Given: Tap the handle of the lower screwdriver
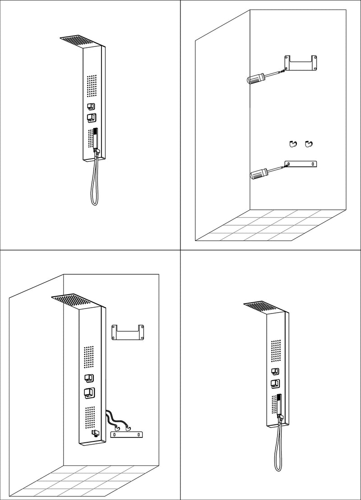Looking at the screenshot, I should tap(258, 173).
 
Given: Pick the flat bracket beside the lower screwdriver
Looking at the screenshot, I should tap(301, 164).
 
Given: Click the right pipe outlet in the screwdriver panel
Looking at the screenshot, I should tap(309, 143).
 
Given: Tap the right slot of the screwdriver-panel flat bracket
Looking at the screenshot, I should tap(312, 164).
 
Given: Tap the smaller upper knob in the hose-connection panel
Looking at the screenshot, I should tap(88, 378).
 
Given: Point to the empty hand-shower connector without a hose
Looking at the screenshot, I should tap(95, 433).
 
